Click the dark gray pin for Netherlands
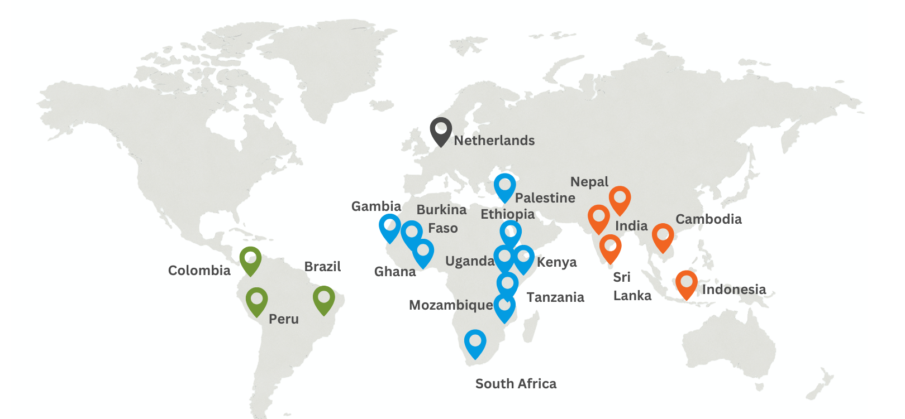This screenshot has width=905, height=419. point(441,130)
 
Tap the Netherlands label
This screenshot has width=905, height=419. point(494,141)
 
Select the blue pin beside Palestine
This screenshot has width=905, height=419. point(504,186)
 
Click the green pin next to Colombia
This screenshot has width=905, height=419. point(250,259)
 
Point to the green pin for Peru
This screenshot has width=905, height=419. point(256,300)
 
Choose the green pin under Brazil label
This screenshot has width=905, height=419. point(323,298)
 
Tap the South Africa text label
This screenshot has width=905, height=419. point(516,384)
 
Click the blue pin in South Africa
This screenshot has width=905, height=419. point(475,342)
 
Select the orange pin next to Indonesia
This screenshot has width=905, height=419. point(686,283)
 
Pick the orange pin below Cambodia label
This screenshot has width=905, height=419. point(663,236)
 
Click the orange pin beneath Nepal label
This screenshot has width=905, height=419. point(620,199)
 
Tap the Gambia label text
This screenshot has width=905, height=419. point(376,206)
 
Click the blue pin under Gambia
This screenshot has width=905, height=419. point(389,227)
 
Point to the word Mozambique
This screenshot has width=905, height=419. point(451,305)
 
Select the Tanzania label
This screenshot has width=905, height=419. point(555,297)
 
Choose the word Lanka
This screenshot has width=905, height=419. point(632,296)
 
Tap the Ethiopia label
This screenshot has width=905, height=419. point(507,214)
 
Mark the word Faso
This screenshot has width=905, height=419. point(442,228)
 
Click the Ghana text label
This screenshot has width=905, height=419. point(395,272)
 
